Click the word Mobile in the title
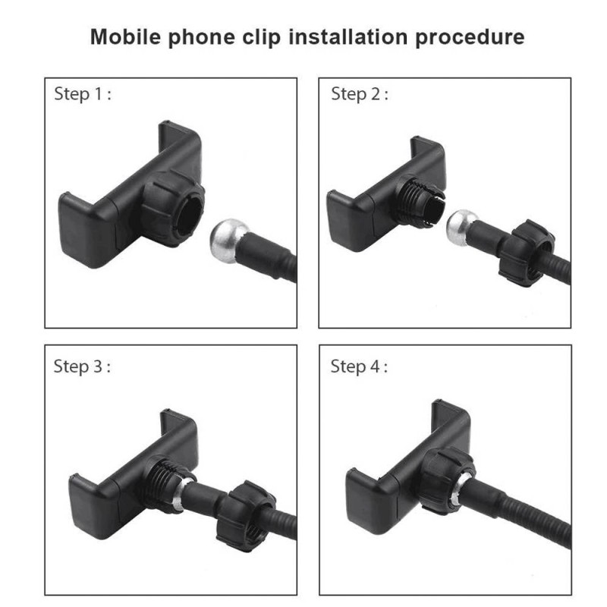(125, 37)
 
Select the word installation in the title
(348, 37)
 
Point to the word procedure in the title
(470, 38)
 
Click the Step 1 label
(83, 94)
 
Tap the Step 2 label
(359, 94)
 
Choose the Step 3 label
(82, 367)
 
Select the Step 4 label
(359, 367)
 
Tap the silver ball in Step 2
(461, 228)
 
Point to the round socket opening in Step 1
(190, 215)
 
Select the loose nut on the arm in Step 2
(527, 253)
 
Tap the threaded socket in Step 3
(165, 484)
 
